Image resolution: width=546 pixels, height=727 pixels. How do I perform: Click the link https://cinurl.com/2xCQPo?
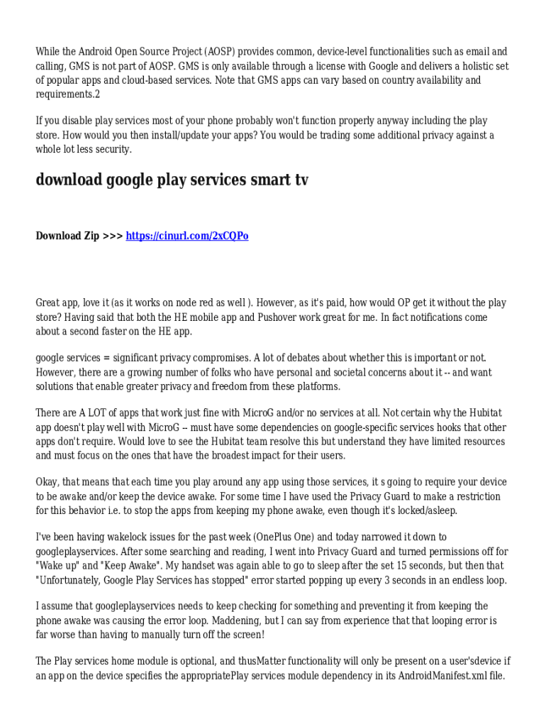click(x=187, y=236)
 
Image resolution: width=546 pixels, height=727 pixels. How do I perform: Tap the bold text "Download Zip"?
click(x=67, y=236)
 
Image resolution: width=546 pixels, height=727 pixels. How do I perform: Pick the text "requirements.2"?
click(x=68, y=94)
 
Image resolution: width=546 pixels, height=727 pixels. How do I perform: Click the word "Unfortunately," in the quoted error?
click(x=70, y=580)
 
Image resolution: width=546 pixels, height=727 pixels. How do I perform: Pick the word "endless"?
click(x=465, y=580)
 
